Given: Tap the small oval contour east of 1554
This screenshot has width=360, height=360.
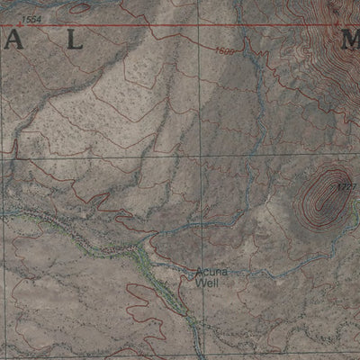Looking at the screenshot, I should [79, 8].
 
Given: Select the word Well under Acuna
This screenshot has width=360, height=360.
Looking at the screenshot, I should [205, 282].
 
